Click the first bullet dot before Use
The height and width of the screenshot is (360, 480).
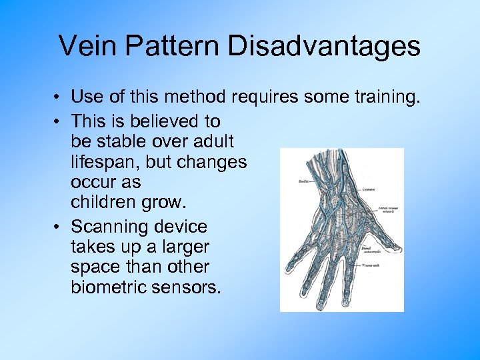click(x=59, y=98)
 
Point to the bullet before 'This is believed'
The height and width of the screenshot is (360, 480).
click(x=59, y=122)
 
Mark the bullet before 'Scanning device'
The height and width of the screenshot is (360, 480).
click(x=59, y=227)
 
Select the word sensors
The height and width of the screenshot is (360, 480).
click(x=189, y=287)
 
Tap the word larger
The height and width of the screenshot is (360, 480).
click(x=181, y=247)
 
